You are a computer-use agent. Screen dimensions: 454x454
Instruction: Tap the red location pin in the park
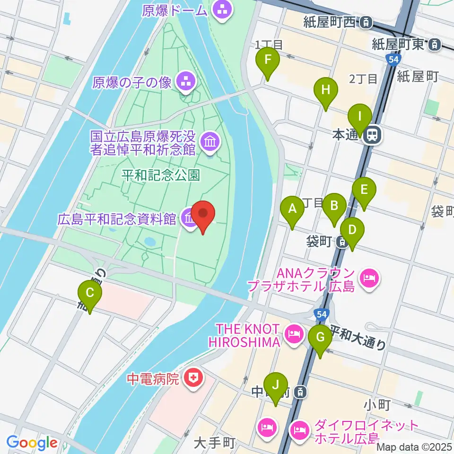[203, 216]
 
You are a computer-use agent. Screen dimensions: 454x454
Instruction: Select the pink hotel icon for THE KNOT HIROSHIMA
[294, 334]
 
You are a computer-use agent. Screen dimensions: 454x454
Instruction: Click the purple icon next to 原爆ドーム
[221, 9]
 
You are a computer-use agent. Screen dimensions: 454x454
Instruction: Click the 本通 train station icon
[372, 135]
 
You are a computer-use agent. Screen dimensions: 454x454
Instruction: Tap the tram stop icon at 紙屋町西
[365, 22]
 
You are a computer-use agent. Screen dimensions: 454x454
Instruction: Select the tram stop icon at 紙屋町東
[433, 45]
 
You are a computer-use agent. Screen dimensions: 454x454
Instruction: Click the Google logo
[32, 443]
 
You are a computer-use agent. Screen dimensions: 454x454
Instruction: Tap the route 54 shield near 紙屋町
[393, 59]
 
